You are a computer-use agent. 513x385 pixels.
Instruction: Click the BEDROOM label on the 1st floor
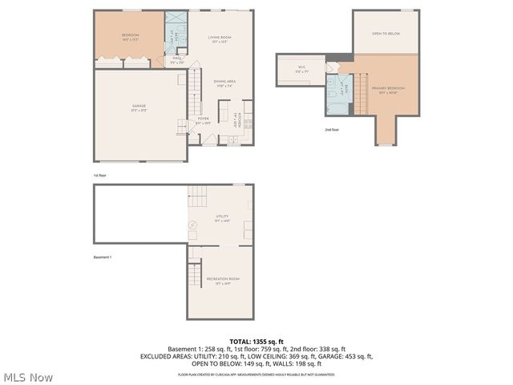131,35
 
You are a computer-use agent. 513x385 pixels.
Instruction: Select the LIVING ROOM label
220,38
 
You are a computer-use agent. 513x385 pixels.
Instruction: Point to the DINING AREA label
224,81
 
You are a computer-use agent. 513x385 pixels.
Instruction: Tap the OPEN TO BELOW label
386,34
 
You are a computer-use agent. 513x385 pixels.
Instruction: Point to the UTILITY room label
222,217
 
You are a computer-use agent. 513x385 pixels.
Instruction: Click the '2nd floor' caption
331,128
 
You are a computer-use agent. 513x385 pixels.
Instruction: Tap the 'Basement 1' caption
102,257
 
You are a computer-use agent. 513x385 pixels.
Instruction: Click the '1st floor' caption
99,174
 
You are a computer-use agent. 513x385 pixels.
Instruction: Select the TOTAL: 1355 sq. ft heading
256,341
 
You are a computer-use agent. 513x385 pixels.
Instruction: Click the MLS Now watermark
29,376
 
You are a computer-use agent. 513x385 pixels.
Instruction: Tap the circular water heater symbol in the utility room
193,226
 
